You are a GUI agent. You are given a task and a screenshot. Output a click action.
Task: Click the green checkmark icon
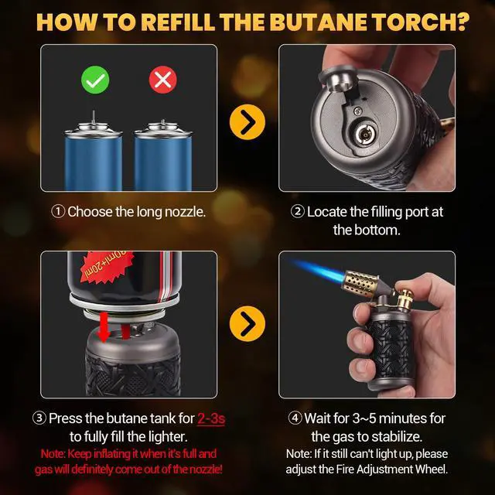tap(97, 79)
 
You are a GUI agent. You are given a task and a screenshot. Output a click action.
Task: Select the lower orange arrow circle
tap(247, 324)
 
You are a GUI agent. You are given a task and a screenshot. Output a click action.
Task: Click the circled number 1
tap(58, 211)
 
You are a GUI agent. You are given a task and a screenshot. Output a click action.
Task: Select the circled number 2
tap(297, 211)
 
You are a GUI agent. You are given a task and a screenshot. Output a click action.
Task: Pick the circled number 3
tap(39, 418)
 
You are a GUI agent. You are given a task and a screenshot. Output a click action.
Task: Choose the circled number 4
tap(295, 418)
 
